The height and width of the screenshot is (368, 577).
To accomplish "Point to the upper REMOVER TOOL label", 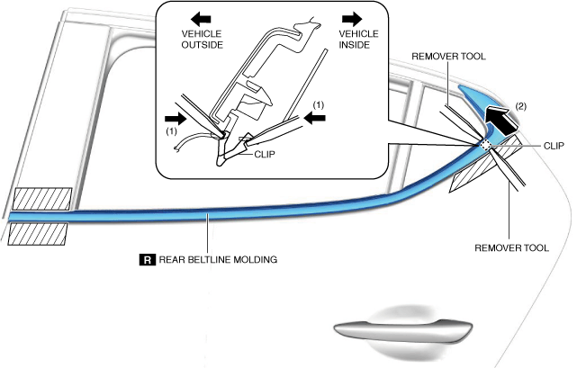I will pyautogui.click(x=448, y=56).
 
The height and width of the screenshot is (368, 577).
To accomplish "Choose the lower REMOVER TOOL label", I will pyautogui.click(x=511, y=245).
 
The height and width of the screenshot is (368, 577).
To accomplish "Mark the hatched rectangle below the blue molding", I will pyautogui.click(x=37, y=233).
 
